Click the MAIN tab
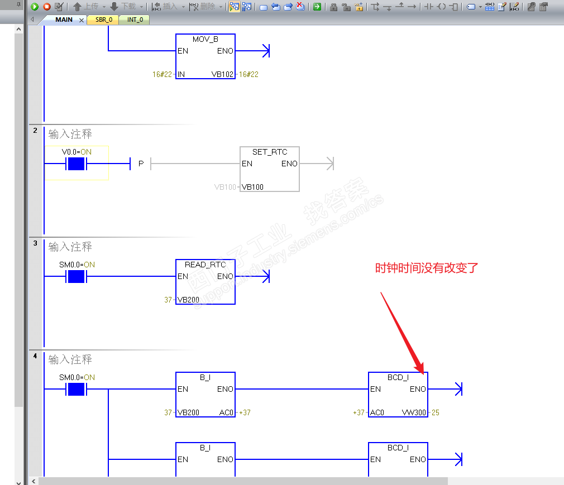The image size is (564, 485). pyautogui.click(x=64, y=20)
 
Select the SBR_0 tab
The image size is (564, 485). pyautogui.click(x=104, y=20)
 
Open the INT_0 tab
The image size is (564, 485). pyautogui.click(x=135, y=20)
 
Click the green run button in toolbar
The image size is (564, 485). pyautogui.click(x=35, y=7)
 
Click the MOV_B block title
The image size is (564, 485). pyautogui.click(x=205, y=39)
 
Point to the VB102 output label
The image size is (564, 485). pyautogui.click(x=222, y=74)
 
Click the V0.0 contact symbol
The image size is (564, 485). pyautogui.click(x=77, y=164)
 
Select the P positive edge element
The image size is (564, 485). pyautogui.click(x=141, y=164)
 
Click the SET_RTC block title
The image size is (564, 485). pyautogui.click(x=269, y=152)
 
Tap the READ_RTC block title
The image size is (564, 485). pyautogui.click(x=205, y=265)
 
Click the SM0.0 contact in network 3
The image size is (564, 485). pyautogui.click(x=77, y=276)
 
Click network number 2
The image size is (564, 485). pyautogui.click(x=35, y=131)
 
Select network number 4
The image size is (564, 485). pyautogui.click(x=35, y=356)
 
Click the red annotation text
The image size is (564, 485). pyautogui.click(x=427, y=268)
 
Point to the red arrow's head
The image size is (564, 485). pyautogui.click(x=423, y=373)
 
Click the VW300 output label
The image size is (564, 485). pyautogui.click(x=414, y=412)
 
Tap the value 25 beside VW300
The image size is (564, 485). pyautogui.click(x=435, y=412)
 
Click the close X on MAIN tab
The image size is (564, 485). pyautogui.click(x=82, y=20)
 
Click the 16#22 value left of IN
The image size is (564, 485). pyautogui.click(x=162, y=74)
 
